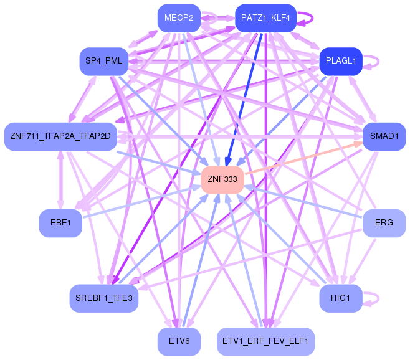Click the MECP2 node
[x=179, y=18]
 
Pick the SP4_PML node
[x=104, y=61]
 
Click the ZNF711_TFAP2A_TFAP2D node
[x=60, y=136]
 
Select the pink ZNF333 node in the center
[x=222, y=179]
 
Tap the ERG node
[x=384, y=222]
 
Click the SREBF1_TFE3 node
[x=104, y=298]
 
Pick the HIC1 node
[x=341, y=298]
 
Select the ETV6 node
[x=179, y=341]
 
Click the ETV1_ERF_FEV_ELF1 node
[x=265, y=341]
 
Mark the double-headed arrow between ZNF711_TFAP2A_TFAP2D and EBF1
[x=60, y=179]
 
